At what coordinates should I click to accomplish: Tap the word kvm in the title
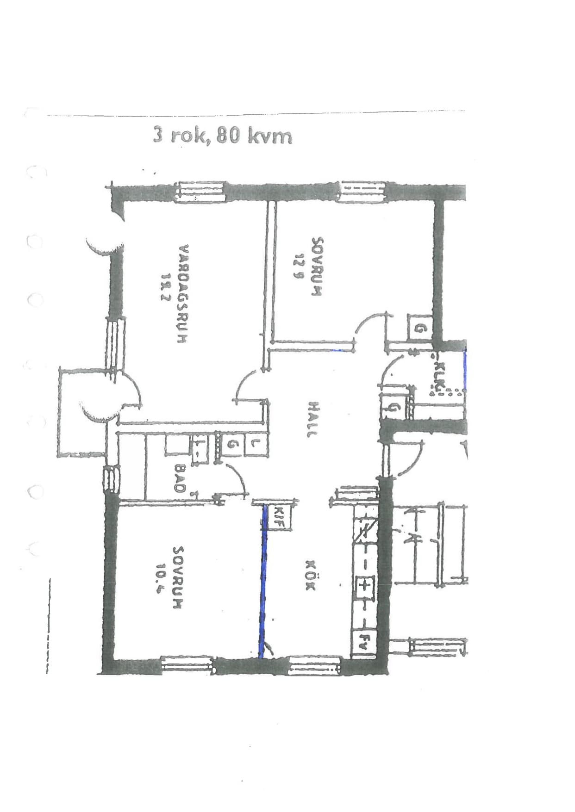[x=270, y=136]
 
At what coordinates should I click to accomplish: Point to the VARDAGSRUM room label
[x=183, y=294]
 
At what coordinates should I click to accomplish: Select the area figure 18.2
[x=165, y=287]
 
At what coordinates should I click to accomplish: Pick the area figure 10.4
[x=162, y=578]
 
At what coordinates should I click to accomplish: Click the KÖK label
[x=310, y=575]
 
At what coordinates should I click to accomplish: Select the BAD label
[x=180, y=478]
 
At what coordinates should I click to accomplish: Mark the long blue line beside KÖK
[x=263, y=581]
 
